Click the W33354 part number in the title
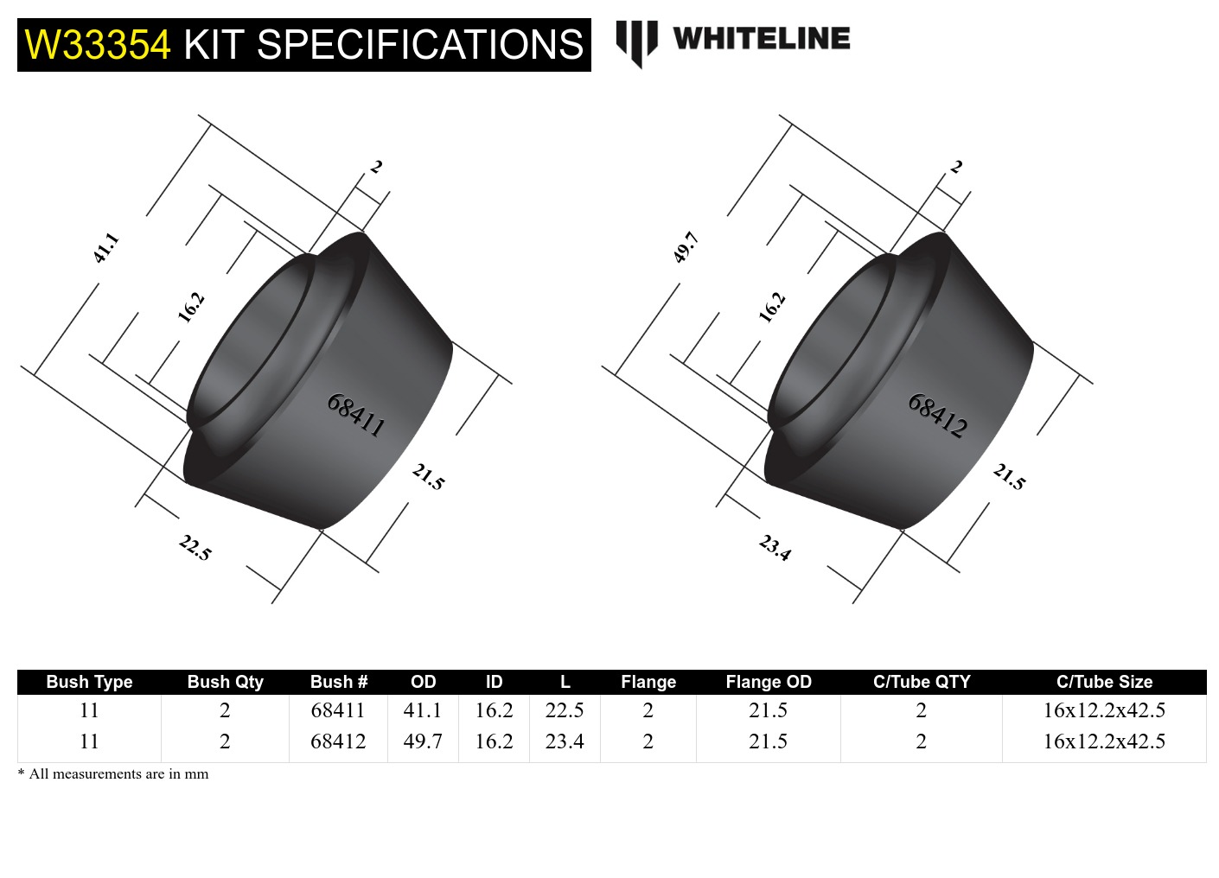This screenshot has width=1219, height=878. (x=98, y=45)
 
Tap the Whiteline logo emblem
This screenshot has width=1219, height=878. (x=636, y=41)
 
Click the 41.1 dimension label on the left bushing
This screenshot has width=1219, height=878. (x=105, y=248)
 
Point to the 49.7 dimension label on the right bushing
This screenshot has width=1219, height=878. (x=686, y=248)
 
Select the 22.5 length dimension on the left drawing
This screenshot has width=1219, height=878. (x=195, y=548)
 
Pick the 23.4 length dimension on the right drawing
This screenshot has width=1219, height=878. (x=775, y=548)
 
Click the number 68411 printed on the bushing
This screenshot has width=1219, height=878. (x=355, y=414)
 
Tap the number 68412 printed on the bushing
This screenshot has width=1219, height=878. (x=937, y=415)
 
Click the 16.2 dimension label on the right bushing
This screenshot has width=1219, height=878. (x=771, y=308)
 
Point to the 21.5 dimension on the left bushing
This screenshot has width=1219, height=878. (x=428, y=476)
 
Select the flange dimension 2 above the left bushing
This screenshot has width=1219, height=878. (x=376, y=167)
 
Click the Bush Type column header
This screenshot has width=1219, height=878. (x=89, y=682)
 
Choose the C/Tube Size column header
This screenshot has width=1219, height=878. (x=1104, y=682)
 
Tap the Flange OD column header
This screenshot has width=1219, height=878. (x=769, y=682)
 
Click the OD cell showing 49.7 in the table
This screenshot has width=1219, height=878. (x=423, y=741)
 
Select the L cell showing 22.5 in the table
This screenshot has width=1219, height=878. (x=565, y=710)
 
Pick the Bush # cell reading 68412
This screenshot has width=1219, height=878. (x=338, y=741)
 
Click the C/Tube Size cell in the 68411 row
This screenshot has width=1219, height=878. (x=1104, y=710)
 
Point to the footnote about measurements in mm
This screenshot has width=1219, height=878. (x=113, y=774)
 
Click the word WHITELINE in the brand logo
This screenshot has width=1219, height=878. (x=761, y=39)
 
